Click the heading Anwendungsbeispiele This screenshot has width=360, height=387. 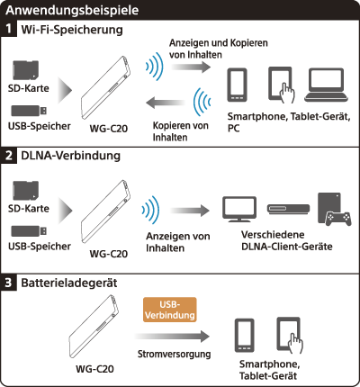click(x=72, y=11)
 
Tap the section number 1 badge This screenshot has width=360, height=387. click(x=8, y=29)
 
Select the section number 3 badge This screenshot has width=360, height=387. click(x=8, y=283)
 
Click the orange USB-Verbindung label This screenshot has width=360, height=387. click(x=170, y=310)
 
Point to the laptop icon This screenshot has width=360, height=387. click(x=327, y=85)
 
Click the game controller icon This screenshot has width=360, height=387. click(x=338, y=219)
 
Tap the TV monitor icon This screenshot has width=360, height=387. click(x=239, y=209)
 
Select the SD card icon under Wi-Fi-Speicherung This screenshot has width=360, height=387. click(x=26, y=70)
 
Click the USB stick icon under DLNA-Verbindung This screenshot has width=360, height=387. click(x=29, y=231)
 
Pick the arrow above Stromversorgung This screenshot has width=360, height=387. click(x=172, y=337)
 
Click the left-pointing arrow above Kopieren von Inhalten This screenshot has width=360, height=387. click(x=166, y=103)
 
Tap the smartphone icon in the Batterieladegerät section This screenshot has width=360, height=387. click(x=245, y=336)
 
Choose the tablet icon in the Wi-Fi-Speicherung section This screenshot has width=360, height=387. click(x=280, y=84)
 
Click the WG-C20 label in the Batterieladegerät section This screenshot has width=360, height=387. click(x=94, y=369)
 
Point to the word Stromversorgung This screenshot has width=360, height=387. click(x=174, y=355)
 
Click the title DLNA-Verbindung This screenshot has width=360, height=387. click(x=71, y=156)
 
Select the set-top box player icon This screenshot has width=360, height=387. click(x=288, y=209)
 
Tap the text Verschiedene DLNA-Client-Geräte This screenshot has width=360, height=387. click(x=287, y=240)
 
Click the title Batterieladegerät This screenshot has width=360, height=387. click(x=69, y=283)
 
